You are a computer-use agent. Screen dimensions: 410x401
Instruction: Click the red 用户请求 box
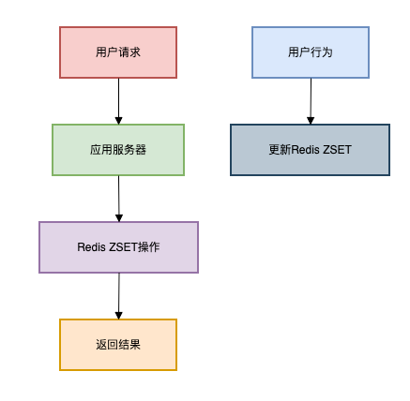(118, 52)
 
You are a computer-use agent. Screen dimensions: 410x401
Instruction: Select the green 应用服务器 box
(118, 150)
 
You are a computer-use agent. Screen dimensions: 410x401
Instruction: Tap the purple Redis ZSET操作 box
(118, 247)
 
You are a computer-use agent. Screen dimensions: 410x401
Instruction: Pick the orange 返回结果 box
(118, 345)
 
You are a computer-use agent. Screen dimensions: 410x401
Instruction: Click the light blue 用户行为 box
(311, 52)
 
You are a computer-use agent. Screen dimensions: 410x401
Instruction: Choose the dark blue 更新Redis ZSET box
(310, 150)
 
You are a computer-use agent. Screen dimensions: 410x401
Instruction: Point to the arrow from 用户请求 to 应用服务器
(118, 101)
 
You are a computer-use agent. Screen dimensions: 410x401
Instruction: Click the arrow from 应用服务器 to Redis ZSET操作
(119, 199)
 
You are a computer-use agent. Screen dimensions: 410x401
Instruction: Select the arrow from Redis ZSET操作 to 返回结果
(119, 296)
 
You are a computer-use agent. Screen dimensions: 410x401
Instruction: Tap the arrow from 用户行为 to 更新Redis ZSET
(311, 101)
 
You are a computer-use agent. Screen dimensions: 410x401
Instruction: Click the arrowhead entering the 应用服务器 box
(118, 121)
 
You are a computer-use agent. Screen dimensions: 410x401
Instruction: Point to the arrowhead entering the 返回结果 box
(118, 316)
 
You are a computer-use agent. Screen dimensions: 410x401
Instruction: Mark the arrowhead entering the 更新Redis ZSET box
(311, 121)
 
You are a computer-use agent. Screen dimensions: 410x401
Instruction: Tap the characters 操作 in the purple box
(149, 247)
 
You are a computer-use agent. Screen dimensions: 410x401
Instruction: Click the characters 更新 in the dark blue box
(280, 150)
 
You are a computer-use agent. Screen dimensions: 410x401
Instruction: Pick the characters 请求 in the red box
(129, 52)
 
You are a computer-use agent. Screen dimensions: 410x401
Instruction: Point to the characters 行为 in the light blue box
(322, 52)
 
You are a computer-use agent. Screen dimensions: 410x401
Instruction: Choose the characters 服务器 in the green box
(129, 150)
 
